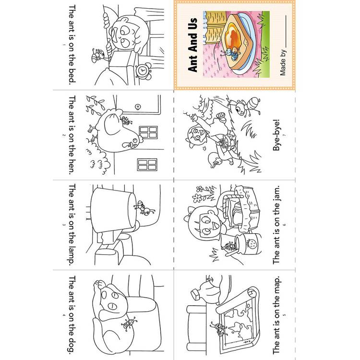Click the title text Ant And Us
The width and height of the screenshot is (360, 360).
(x=192, y=45)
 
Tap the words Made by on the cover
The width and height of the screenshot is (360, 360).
(x=283, y=62)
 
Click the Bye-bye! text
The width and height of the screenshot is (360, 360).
(x=277, y=135)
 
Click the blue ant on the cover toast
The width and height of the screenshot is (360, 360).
(x=230, y=54)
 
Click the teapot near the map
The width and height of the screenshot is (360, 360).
(x=206, y=290)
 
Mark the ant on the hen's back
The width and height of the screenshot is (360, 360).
(x=126, y=120)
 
